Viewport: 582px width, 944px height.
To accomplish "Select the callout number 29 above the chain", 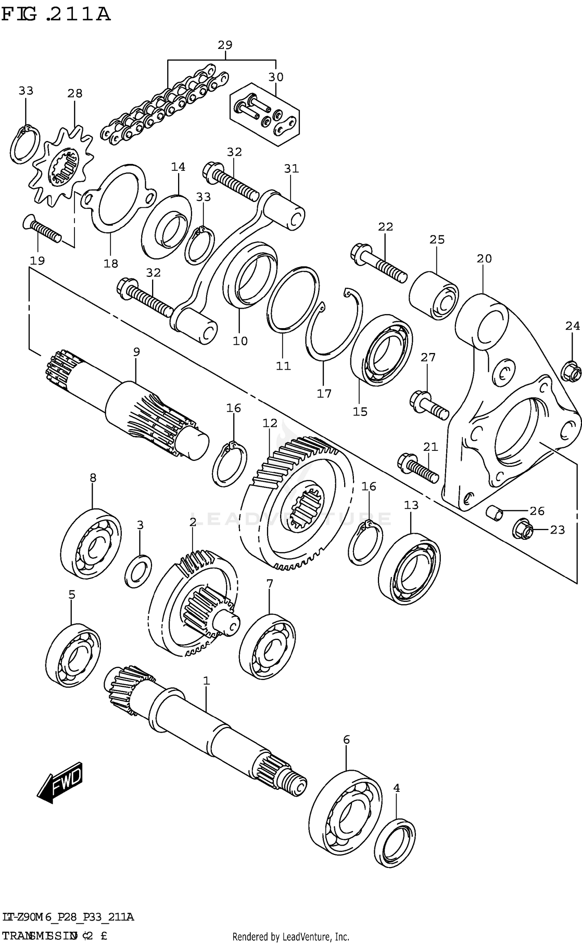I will coord(225,45).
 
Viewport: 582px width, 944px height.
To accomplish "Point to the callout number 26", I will coord(537,511).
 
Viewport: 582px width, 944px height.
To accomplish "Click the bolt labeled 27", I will coord(429,405).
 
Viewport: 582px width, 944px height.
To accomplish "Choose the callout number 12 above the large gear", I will coord(270,423).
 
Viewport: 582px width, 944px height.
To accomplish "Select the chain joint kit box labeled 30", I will coord(264,114).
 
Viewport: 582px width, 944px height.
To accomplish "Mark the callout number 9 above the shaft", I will coord(136,352).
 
